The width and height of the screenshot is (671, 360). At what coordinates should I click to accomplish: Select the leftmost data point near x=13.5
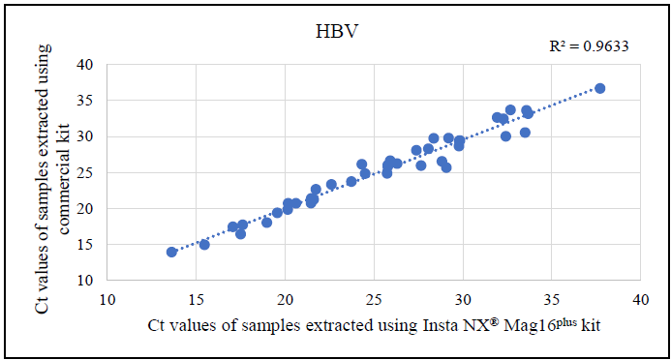point(171,252)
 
